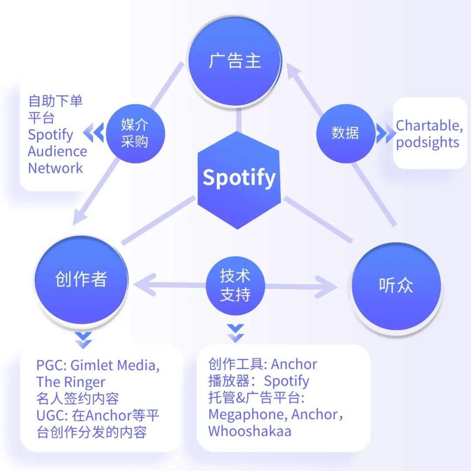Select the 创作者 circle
coord(81,280)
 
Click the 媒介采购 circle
coord(135,133)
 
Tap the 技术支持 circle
coord(235,285)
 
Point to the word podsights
coord(427,142)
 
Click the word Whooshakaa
coord(249,431)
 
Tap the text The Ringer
coord(71,382)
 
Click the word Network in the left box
coord(55,168)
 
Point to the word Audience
coord(58,151)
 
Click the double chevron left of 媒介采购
coord(93,132)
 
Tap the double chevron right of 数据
coord(386,133)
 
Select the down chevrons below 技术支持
coord(235,334)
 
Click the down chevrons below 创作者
coord(83,340)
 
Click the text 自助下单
coord(55,101)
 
